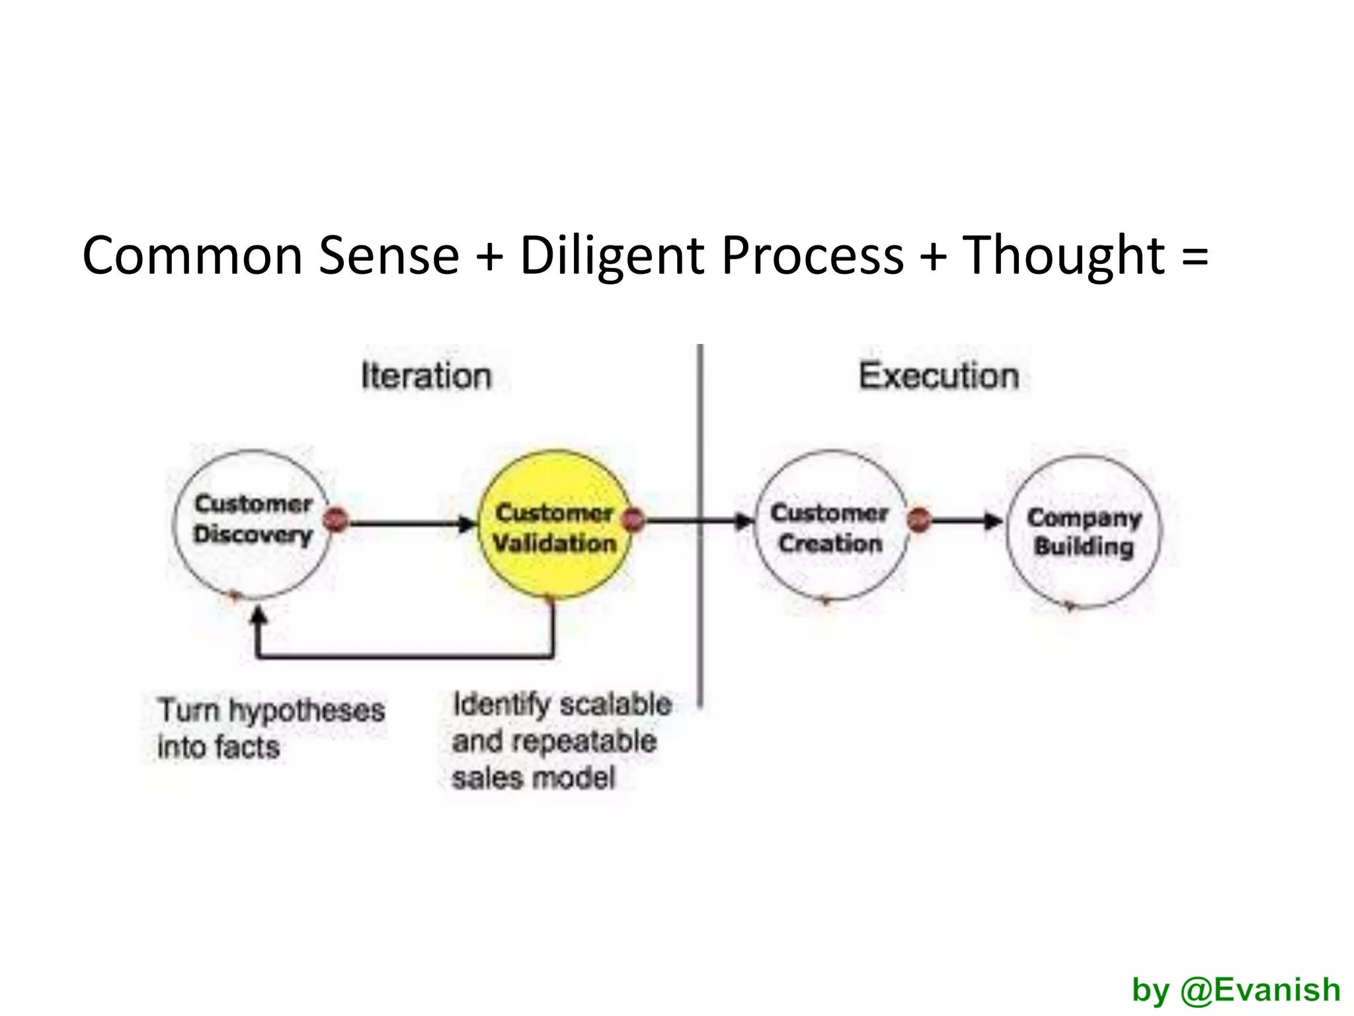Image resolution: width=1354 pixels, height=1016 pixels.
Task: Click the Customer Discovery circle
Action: (x=251, y=524)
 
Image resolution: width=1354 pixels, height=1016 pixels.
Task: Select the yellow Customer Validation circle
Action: (x=554, y=526)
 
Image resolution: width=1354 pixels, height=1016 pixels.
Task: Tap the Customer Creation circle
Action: (x=830, y=526)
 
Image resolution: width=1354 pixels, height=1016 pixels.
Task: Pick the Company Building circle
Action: (x=1083, y=531)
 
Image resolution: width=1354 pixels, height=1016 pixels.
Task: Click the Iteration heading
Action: (x=426, y=376)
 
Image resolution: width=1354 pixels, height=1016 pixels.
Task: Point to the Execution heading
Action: (x=939, y=376)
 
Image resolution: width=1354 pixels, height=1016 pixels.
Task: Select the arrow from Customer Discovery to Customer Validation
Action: (x=410, y=524)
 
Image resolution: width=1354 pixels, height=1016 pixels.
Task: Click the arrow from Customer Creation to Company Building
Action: (x=965, y=521)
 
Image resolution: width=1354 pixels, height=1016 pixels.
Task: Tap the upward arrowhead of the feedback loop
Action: (x=259, y=616)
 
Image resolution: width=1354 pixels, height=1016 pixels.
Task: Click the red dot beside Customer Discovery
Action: (x=337, y=520)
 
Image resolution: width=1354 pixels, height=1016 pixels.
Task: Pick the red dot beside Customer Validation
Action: (x=633, y=520)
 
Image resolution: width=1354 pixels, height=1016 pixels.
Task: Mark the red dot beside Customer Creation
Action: (x=919, y=520)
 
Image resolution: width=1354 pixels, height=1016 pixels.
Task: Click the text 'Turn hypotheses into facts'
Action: (x=271, y=728)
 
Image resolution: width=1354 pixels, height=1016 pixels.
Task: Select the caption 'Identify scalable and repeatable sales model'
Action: (x=561, y=741)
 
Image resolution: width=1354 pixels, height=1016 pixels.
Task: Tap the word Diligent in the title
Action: (x=612, y=255)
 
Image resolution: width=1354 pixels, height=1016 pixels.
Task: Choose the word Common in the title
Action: (x=192, y=255)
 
